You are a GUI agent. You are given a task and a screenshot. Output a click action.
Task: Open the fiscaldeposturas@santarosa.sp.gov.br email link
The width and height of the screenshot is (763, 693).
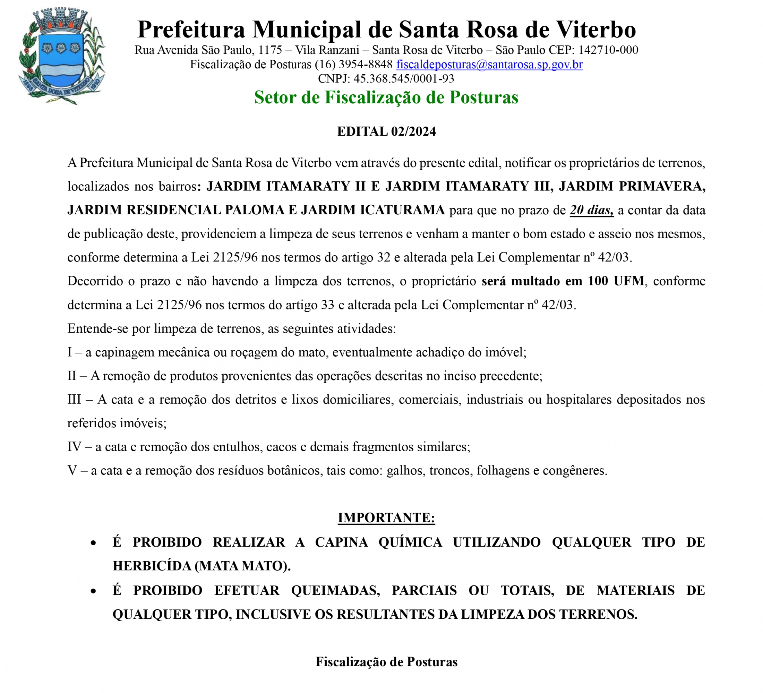coord(489,65)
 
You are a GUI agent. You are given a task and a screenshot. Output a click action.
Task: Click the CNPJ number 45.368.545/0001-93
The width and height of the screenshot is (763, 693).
coord(403,78)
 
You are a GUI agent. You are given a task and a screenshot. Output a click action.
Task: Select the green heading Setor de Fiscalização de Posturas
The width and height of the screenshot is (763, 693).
coord(386,97)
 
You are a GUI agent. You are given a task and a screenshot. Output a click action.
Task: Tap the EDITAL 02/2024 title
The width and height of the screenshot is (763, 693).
coord(386,131)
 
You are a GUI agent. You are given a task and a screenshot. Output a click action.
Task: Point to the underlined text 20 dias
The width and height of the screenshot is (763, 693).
coord(591,210)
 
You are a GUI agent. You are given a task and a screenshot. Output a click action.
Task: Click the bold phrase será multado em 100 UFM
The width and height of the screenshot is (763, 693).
coord(563,281)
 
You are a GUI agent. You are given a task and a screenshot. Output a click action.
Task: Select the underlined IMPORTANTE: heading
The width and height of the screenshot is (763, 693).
coord(386,517)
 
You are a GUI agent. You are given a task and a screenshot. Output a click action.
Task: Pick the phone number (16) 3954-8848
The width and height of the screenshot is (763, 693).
coord(353,65)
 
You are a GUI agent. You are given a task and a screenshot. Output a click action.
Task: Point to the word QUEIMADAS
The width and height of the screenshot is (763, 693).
coord(335,590)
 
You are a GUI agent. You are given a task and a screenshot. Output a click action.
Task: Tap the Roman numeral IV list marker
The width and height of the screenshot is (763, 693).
coord(74,447)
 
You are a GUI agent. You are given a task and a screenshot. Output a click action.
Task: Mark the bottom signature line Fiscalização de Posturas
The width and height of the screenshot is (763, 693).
coord(386,661)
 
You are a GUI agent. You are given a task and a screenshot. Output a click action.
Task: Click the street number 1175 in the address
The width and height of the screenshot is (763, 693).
coord(270,50)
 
